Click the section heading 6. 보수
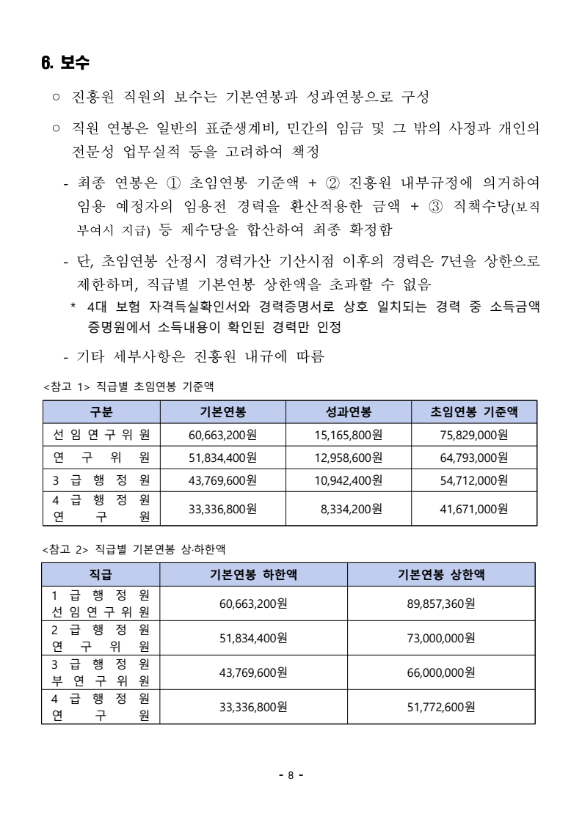click(65, 63)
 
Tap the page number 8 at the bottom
click(291, 774)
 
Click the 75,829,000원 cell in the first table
click(473, 435)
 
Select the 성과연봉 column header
click(348, 412)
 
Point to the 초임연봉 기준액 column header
click(473, 412)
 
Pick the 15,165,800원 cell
click(348, 435)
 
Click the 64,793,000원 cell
click(473, 458)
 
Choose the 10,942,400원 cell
click(348, 481)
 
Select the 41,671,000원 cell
click(473, 508)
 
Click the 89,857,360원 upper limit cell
click(440, 603)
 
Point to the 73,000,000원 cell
click(440, 638)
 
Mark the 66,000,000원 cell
click(440, 672)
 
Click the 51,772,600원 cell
click(440, 707)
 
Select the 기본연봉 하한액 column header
click(253, 575)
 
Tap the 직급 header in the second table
click(101, 575)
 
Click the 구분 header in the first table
click(101, 412)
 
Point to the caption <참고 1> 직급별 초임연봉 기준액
click(129, 386)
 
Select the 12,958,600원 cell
click(348, 458)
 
